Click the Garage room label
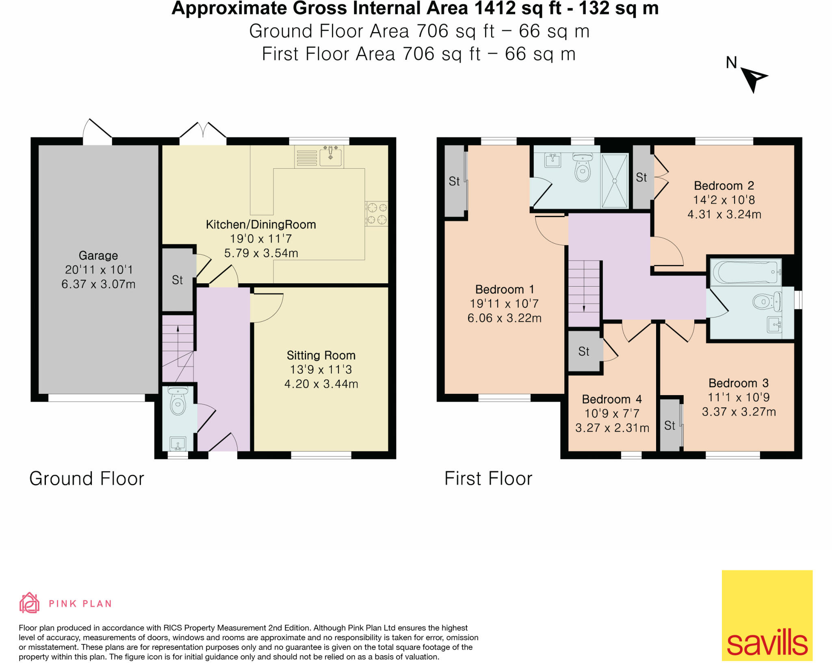tap(98, 256)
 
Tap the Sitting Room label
tap(321, 355)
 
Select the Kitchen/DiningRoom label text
tap(261, 224)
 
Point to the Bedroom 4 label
tap(612, 399)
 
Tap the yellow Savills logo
tap(767, 615)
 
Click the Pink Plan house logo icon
tap(29, 602)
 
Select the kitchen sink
tap(330, 156)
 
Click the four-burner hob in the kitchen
tap(377, 214)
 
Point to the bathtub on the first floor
tap(746, 272)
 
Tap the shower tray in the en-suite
tap(614, 181)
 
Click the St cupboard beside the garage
tap(178, 280)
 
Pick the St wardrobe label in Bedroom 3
tap(669, 426)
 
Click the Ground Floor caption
tap(87, 478)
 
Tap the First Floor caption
tap(488, 478)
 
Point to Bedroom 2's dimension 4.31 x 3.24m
tap(724, 214)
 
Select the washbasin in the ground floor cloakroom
tap(178, 443)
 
